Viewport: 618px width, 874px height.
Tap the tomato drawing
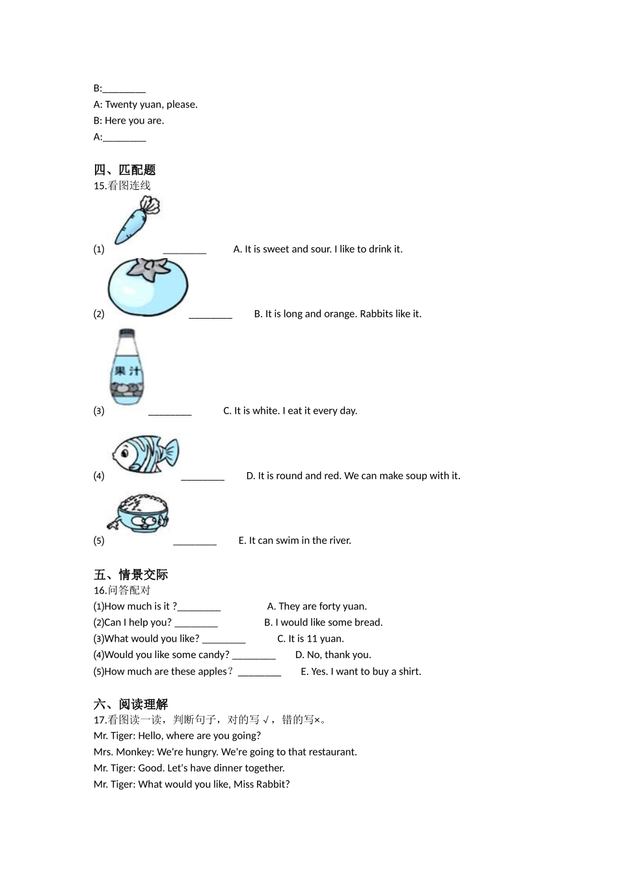point(148,287)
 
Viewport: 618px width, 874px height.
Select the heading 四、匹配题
point(125,170)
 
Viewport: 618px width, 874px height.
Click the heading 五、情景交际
point(131,574)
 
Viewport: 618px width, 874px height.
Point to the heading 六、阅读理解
point(131,704)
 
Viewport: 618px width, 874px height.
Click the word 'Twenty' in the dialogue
point(121,105)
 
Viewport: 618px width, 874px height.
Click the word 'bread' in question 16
point(368,623)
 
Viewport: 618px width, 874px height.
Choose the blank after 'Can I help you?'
point(196,623)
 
